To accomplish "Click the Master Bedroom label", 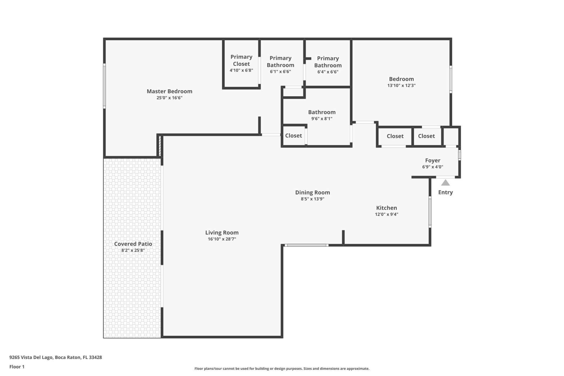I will tap(169, 91).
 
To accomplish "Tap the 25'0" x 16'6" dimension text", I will tap(169, 98).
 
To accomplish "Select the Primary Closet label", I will tap(241, 60).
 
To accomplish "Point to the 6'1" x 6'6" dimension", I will tap(280, 71).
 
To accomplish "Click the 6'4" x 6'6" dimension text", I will tap(328, 72).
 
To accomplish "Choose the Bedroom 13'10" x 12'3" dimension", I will tap(401, 85).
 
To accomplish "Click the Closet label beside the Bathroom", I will tap(293, 136).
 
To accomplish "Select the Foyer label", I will tap(433, 160).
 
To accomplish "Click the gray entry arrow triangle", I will tap(445, 183).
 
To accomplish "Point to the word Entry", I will tap(445, 192).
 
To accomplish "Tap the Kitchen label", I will tap(386, 208).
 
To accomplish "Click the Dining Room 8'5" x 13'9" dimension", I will tap(312, 199).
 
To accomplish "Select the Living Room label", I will tap(222, 233).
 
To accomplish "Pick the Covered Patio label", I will tap(133, 244).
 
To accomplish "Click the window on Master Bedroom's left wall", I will tap(104, 86).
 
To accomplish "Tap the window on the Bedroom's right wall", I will tap(451, 79).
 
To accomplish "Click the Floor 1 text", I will tap(17, 367).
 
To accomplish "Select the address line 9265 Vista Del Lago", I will tap(56, 357).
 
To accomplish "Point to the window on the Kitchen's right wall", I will tap(430, 212).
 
